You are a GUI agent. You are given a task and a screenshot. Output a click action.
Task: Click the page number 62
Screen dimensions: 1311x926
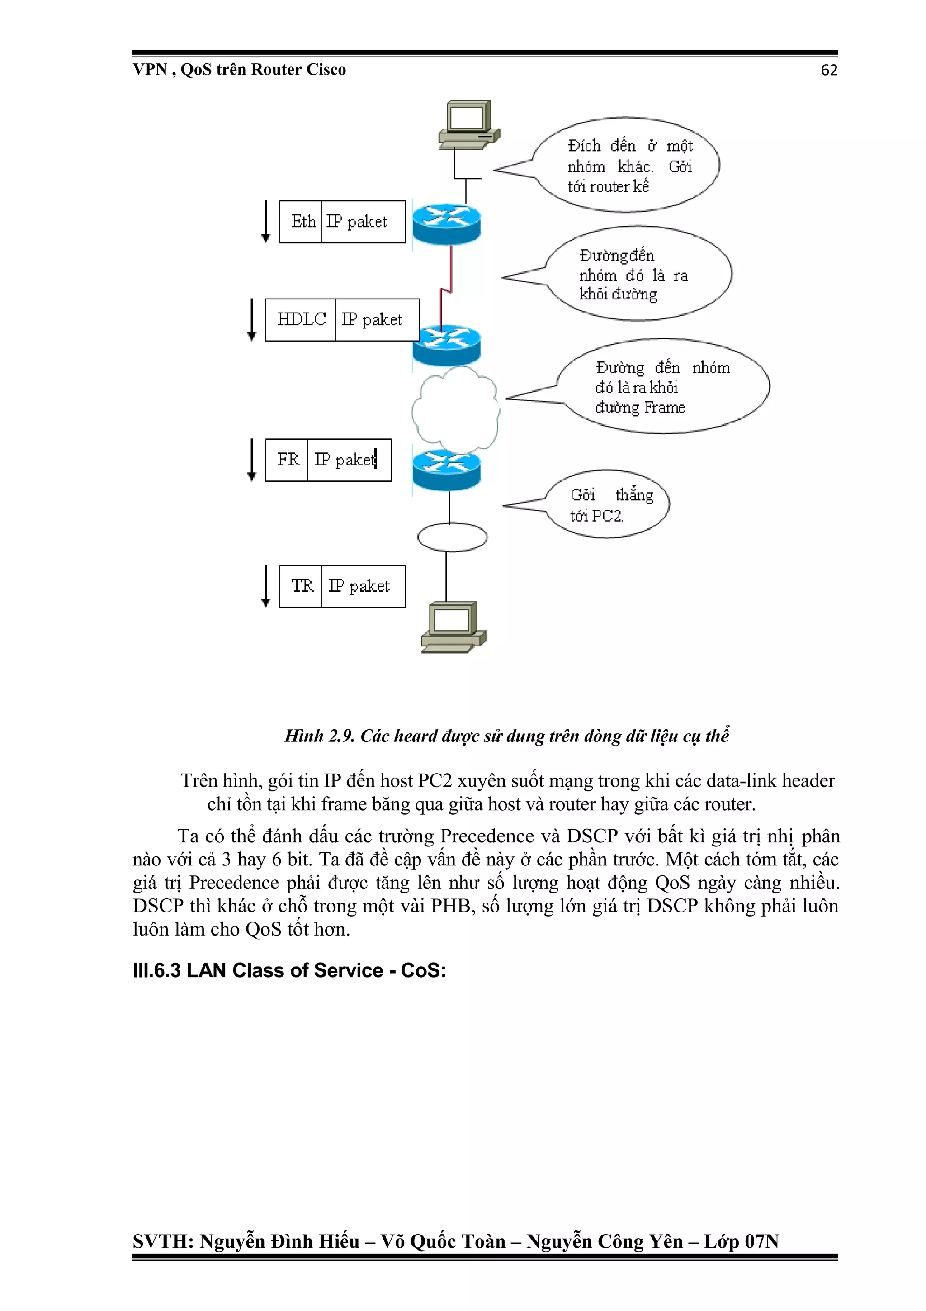point(828,70)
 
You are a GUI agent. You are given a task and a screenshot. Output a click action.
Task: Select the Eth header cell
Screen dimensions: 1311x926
point(301,222)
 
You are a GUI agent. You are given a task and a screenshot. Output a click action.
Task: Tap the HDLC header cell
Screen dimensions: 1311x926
point(301,319)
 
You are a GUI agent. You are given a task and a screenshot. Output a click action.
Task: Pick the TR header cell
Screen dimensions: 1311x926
point(301,586)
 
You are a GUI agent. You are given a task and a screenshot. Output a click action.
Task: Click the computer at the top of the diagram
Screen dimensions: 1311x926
point(468,124)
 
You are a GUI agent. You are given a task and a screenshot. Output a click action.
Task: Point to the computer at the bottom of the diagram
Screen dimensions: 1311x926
point(453,627)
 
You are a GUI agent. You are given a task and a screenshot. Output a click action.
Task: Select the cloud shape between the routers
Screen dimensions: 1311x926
point(455,408)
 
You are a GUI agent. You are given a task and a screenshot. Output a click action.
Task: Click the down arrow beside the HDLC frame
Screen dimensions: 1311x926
point(251,319)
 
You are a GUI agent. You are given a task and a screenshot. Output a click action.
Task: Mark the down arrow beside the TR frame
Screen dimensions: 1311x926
point(265,586)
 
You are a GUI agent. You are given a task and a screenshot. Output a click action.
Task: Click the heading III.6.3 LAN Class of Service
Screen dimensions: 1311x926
point(289,970)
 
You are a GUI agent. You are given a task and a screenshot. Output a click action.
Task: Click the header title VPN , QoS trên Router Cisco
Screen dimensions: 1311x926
point(239,70)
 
